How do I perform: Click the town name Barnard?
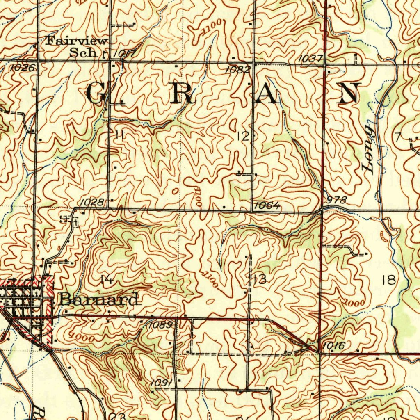click(98, 300)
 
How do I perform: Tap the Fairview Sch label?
click(77, 47)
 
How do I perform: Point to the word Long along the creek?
click(368, 149)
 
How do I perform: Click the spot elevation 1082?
click(237, 70)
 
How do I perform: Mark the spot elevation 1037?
click(310, 59)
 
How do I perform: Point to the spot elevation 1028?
click(91, 202)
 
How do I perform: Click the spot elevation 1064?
click(267, 205)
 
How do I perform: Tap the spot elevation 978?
click(337, 200)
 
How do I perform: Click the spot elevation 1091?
click(160, 383)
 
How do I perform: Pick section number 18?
click(388, 280)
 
